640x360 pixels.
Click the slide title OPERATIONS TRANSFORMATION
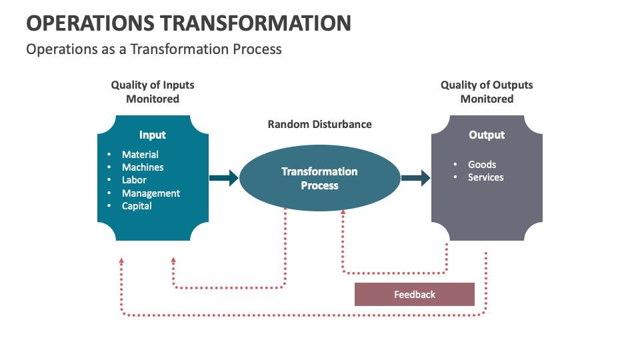tap(189, 23)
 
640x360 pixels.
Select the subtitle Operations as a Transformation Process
tap(154, 49)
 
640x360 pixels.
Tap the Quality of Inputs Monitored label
tap(153, 92)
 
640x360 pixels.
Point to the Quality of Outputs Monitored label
tap(487, 92)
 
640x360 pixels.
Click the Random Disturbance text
tap(319, 124)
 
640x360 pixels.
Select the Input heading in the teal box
tap(153, 135)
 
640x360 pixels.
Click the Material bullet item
tap(140, 155)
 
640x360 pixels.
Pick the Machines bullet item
tap(143, 167)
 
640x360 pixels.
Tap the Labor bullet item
tap(134, 180)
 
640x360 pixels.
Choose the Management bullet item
tap(151, 193)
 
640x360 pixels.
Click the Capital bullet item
tap(137, 206)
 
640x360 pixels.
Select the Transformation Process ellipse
tap(319, 178)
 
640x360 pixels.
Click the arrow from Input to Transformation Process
tap(224, 178)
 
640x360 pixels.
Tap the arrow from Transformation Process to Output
tap(415, 178)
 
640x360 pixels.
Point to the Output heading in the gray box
tap(487, 135)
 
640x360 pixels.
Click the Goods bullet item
tap(482, 165)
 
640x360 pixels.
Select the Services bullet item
tap(485, 177)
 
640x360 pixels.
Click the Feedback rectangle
tap(414, 294)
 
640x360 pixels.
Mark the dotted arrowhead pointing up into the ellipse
tap(343, 212)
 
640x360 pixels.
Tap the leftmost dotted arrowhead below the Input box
tap(121, 261)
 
